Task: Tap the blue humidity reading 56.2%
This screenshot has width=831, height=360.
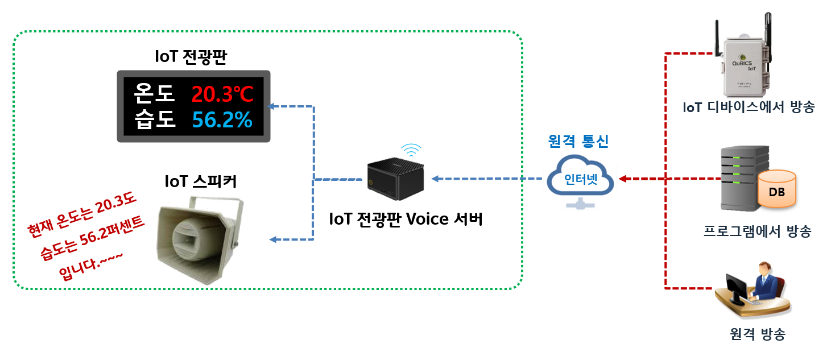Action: tap(222, 120)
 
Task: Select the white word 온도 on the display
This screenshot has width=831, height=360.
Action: tap(155, 93)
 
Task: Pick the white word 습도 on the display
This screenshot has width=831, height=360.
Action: tap(155, 120)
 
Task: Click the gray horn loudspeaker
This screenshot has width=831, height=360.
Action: tap(199, 239)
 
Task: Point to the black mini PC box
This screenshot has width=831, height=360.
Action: tap(396, 179)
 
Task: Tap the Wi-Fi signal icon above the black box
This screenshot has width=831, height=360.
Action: tap(411, 151)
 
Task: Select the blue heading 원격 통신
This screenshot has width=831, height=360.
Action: tap(578, 141)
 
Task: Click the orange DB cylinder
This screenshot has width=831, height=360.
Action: tap(776, 189)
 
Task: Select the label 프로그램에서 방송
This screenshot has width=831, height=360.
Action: tap(757, 231)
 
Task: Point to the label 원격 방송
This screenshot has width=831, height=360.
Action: tap(757, 334)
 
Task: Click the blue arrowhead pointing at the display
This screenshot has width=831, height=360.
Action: tap(272, 106)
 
